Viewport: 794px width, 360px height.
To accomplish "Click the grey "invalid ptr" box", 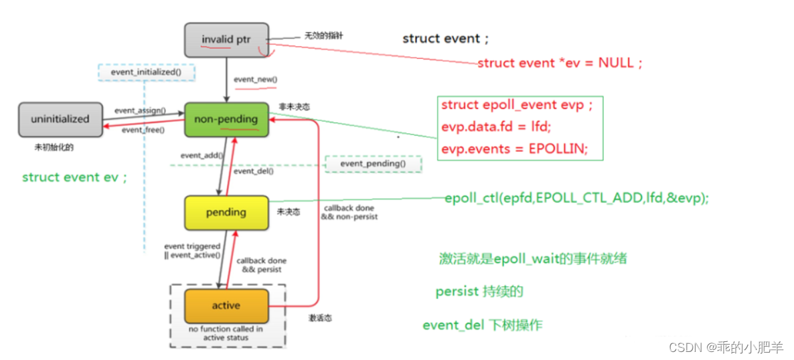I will point(226,39).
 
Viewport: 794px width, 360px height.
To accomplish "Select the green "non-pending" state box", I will point(226,119).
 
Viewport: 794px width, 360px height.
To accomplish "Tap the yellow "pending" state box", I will point(226,212).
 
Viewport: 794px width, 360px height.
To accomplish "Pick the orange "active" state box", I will point(226,305).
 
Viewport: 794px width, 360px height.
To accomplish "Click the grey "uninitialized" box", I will point(60,119).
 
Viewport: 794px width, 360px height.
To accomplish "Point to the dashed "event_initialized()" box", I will point(147,72).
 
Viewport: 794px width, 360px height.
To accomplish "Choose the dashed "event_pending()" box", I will point(373,164).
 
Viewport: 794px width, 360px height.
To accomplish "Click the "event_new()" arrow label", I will point(255,80).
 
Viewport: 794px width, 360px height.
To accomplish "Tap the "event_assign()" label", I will point(140,110).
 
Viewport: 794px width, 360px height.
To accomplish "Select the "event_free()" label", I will point(143,130).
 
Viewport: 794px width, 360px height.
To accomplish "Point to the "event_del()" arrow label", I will point(253,171).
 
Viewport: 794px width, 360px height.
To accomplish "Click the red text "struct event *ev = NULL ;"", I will point(560,63).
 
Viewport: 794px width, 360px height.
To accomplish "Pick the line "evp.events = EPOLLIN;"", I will point(514,149).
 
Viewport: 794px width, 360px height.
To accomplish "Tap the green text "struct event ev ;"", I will point(74,177).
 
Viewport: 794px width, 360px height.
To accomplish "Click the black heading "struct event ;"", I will point(445,39).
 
